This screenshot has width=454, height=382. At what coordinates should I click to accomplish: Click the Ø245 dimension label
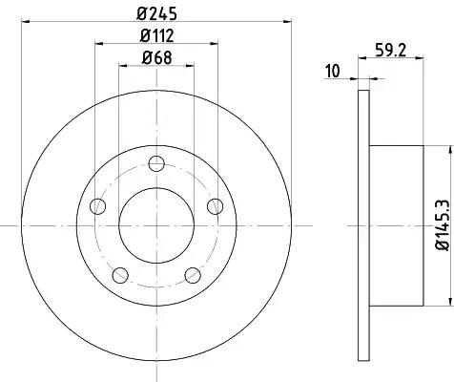pos(156,14)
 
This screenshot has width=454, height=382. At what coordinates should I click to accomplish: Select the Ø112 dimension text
pos(156,35)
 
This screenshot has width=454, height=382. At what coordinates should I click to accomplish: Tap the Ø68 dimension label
pos(156,57)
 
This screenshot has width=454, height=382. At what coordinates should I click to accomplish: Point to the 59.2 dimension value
pos(390,50)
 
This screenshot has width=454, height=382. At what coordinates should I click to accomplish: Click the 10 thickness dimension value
pos(332,71)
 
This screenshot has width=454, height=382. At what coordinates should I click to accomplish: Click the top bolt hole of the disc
pos(156,164)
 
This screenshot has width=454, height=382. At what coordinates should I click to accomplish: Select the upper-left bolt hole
pos(98,206)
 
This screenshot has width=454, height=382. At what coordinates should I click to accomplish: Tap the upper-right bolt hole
pos(216,206)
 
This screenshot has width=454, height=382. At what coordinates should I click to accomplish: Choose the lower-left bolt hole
pos(120,275)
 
